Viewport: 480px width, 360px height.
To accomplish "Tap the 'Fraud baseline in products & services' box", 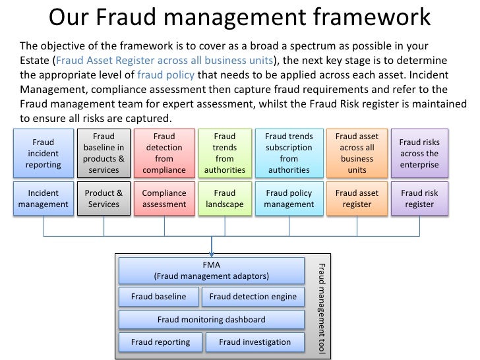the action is click(104, 154).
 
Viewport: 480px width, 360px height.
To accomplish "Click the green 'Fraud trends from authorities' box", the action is click(224, 154).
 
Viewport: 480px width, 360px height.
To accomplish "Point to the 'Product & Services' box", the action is click(104, 199).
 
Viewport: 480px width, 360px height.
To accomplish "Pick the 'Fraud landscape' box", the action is click(224, 199).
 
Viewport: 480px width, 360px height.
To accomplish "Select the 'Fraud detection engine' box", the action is click(253, 297).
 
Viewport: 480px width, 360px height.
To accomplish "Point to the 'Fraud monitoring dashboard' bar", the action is click(212, 320).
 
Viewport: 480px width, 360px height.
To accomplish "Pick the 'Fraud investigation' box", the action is click(255, 342).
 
